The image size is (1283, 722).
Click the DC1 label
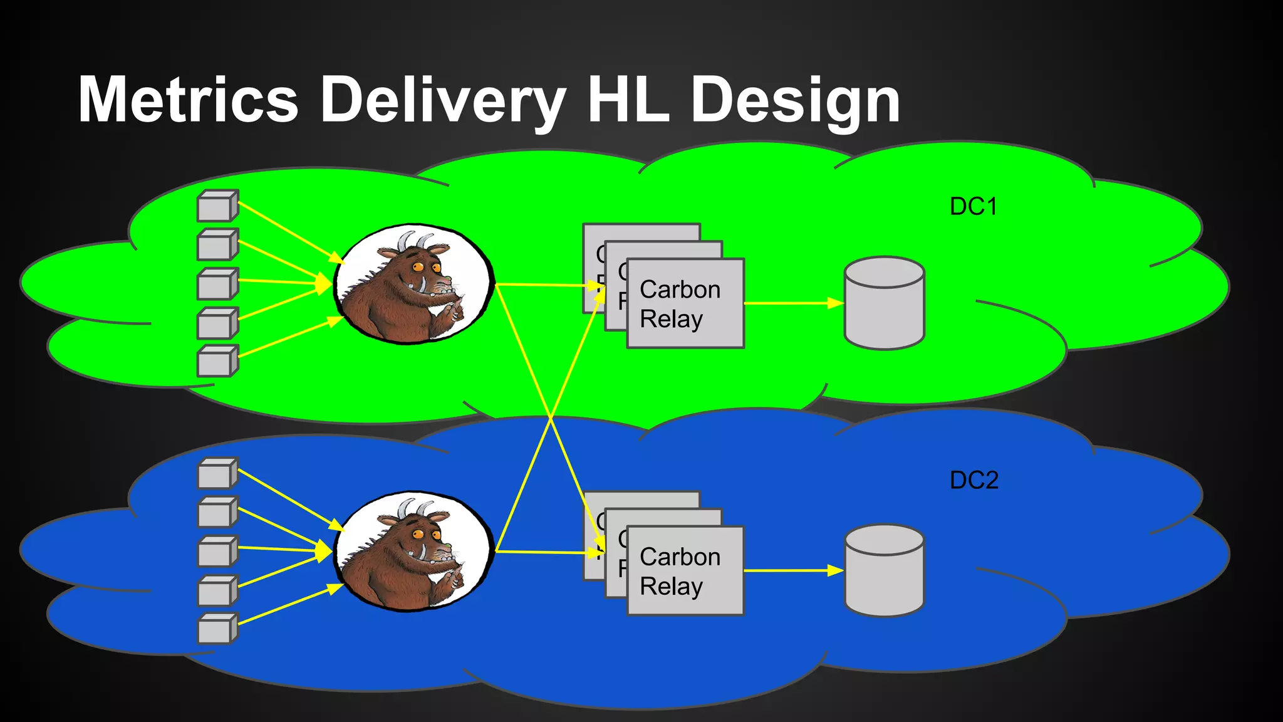pos(973,207)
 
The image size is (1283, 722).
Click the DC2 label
pos(974,480)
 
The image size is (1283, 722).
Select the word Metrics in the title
pos(188,100)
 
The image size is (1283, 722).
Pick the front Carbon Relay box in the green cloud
pos(685,304)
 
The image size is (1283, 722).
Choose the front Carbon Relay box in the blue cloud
pos(685,571)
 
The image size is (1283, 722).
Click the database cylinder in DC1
pos(884,303)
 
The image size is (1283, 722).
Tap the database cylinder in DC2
pos(884,570)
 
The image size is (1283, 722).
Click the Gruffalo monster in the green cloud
pos(414,284)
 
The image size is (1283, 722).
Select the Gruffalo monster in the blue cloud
pos(414,552)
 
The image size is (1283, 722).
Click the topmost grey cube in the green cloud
pos(217,206)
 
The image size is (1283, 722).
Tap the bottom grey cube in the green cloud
pos(217,361)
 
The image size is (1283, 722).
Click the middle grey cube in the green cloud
pos(217,283)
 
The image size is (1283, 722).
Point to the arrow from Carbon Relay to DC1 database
pos(793,303)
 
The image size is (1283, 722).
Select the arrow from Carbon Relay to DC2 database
pos(793,571)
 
